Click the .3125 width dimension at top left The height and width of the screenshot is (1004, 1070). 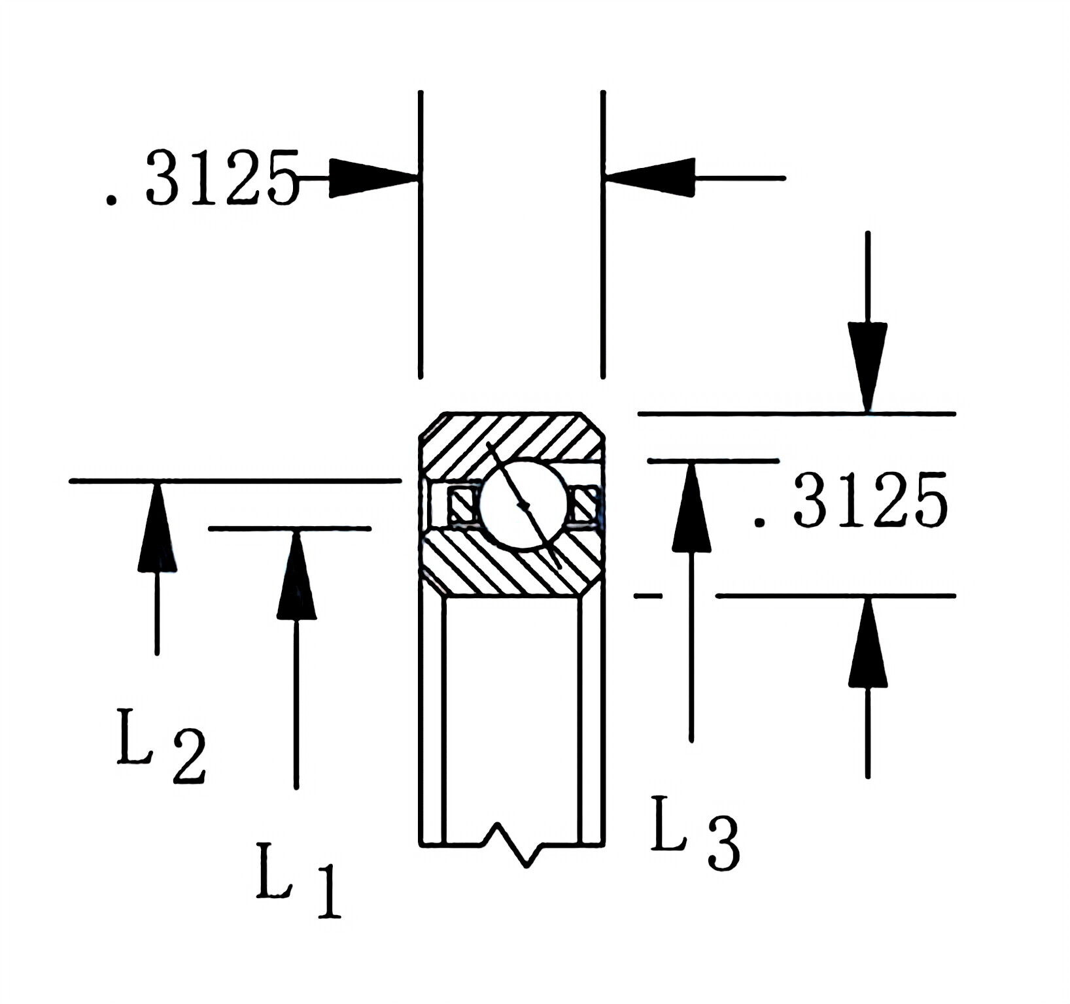coord(203,178)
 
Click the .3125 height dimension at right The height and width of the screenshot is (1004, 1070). coord(850,501)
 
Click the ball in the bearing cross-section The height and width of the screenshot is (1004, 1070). coord(523,503)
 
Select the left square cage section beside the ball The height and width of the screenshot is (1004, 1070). coord(462,505)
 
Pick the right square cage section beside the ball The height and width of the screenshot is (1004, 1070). coord(584,505)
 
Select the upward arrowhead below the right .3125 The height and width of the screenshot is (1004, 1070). coord(867,644)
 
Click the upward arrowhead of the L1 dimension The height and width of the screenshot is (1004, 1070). coord(296,575)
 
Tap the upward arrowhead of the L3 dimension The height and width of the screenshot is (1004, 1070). coord(691,507)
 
